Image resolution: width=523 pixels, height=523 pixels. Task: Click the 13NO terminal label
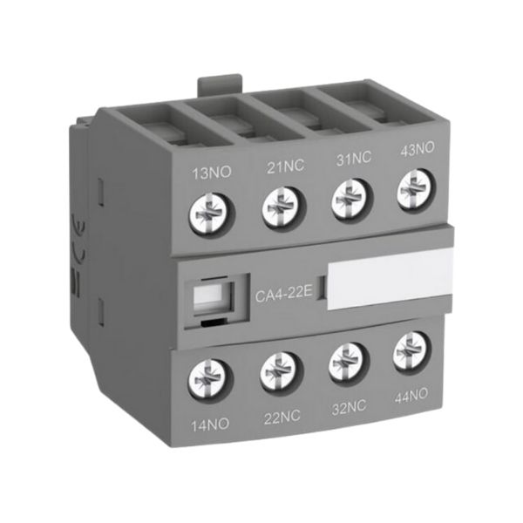click(212, 173)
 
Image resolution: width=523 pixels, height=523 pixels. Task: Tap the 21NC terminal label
click(286, 166)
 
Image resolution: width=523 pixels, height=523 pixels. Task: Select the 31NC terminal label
click(353, 158)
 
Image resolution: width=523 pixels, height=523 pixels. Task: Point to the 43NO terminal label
click(417, 148)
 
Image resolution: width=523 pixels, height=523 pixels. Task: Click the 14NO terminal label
click(210, 425)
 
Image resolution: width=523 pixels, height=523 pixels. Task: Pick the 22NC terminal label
click(282, 418)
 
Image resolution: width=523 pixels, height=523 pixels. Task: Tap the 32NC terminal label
click(349, 407)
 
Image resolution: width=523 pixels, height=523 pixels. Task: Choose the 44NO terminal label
click(411, 396)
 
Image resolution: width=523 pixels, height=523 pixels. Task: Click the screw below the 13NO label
click(212, 214)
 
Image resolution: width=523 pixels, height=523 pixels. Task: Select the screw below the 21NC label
click(284, 207)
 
